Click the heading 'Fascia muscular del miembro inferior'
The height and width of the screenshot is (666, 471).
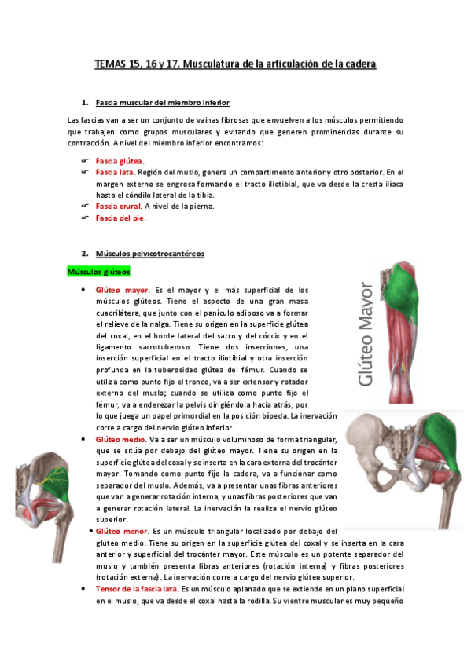[x=162, y=103]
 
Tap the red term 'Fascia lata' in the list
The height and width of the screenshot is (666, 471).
[x=114, y=172]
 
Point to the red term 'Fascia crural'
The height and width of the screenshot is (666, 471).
[x=118, y=207]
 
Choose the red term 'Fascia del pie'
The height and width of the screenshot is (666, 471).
[x=120, y=218]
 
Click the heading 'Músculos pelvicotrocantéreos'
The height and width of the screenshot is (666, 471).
[x=149, y=254]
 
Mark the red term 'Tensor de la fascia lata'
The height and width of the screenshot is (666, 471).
[x=136, y=589]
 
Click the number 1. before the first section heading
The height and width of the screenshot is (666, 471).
[x=84, y=103]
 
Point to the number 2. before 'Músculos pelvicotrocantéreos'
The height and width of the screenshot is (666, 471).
[x=84, y=254]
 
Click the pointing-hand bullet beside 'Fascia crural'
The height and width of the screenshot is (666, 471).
[x=84, y=207]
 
